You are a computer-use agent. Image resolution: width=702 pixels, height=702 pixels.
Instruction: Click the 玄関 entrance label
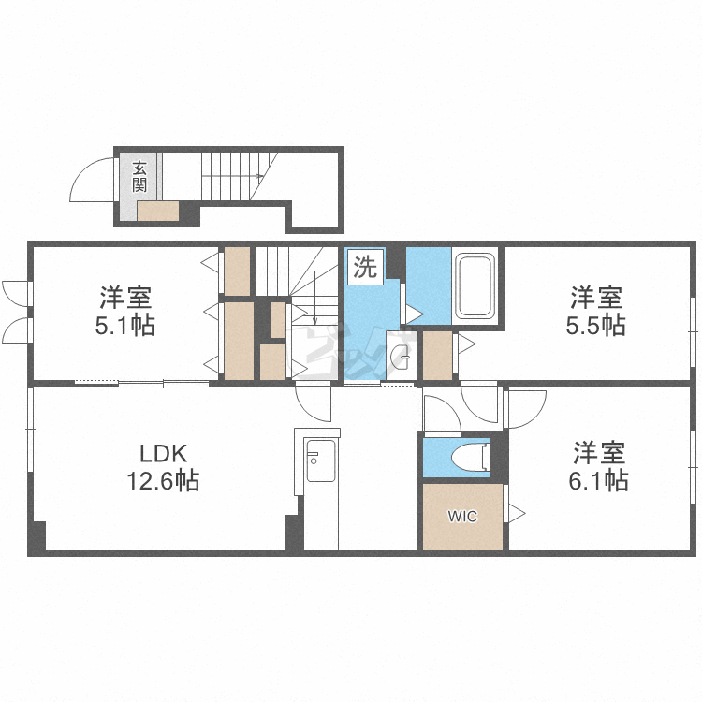coord(139,177)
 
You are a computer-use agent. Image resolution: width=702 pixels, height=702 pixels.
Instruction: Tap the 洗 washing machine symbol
coord(366,267)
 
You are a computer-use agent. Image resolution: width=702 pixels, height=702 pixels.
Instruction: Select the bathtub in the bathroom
coord(475,285)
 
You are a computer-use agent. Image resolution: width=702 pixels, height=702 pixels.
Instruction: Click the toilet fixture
coord(470,457)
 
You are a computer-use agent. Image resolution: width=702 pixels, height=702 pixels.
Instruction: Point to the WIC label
coord(462,516)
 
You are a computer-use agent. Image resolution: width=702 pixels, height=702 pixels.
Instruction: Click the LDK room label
coord(163,454)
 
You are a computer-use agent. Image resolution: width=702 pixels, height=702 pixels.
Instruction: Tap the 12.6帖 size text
coord(163,481)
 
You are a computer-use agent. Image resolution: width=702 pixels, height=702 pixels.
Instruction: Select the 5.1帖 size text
coord(124,326)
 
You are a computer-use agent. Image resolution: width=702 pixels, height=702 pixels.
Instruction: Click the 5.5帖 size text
coord(595,326)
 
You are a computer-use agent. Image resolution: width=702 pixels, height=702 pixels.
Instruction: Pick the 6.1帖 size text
coord(598,481)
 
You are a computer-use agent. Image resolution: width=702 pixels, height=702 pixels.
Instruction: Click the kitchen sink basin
coord(320,461)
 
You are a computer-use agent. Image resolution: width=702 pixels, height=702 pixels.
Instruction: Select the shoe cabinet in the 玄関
coord(157,211)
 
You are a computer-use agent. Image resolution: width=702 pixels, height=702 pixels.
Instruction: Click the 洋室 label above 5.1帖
coord(125,298)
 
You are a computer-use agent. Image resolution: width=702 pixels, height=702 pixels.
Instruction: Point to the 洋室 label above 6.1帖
coord(599,453)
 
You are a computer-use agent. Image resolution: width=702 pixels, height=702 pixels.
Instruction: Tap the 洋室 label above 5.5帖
coord(596,298)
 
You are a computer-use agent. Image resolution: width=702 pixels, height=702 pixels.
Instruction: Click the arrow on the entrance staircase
coord(232,176)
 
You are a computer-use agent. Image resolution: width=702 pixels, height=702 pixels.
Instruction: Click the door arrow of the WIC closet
coord(517,514)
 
